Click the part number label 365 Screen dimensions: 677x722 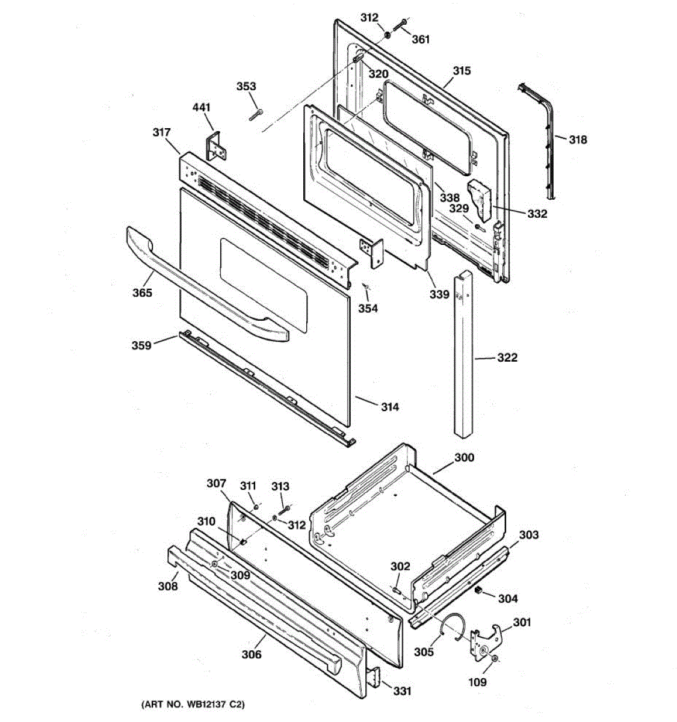click(142, 292)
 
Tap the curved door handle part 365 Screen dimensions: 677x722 click(204, 287)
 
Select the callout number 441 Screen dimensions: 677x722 click(201, 107)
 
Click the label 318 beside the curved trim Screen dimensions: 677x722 click(578, 140)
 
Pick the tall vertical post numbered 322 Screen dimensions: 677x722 click(463, 353)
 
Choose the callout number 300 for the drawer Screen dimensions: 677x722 click(465, 457)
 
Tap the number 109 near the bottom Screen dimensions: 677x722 click(477, 682)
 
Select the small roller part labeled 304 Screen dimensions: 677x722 click(478, 589)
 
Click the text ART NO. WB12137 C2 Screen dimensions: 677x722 click(193, 705)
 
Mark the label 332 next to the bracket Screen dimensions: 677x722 click(537, 214)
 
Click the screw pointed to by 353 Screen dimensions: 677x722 click(256, 114)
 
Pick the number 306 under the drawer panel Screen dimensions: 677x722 click(252, 655)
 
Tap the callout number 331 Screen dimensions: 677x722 click(402, 691)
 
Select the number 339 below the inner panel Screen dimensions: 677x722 click(439, 294)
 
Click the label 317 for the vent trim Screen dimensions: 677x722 click(161, 132)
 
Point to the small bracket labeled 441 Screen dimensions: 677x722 click(216, 146)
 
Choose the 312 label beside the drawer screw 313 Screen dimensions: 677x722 click(297, 525)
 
